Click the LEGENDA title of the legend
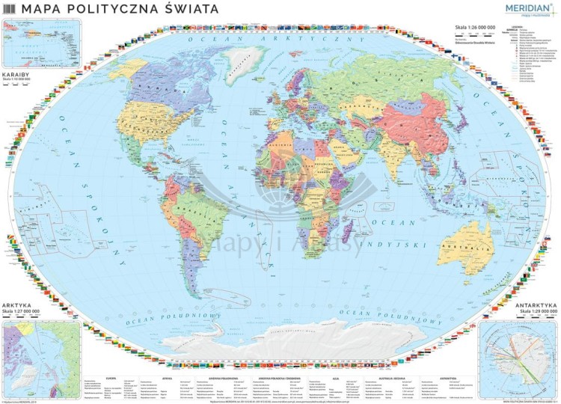coord(515,28)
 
